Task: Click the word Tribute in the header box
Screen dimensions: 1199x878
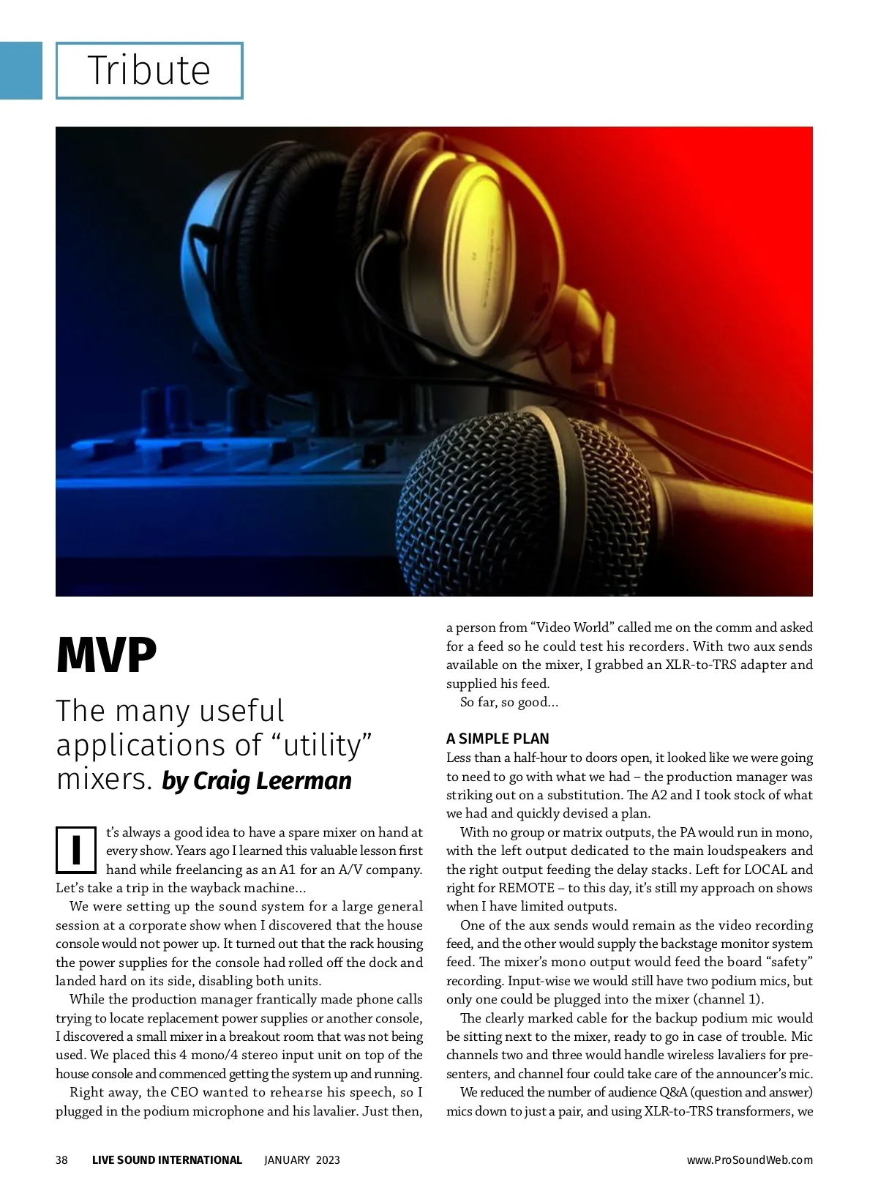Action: pyautogui.click(x=149, y=70)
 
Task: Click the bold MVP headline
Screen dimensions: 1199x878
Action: pyautogui.click(x=106, y=656)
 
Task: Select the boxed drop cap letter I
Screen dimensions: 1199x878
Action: pyautogui.click(x=76, y=850)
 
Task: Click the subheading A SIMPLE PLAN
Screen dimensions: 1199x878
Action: pyautogui.click(x=498, y=739)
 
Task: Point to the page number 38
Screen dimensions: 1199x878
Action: pyautogui.click(x=61, y=1159)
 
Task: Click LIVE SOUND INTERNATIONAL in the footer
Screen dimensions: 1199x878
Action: pyautogui.click(x=167, y=1159)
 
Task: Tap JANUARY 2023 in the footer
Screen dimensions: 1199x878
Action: pyautogui.click(x=301, y=1159)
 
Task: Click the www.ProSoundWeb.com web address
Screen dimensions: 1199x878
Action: pyautogui.click(x=749, y=1159)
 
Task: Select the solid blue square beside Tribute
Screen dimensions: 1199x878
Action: pyautogui.click(x=20, y=70)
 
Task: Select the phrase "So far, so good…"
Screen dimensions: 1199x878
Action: pyautogui.click(x=509, y=702)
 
